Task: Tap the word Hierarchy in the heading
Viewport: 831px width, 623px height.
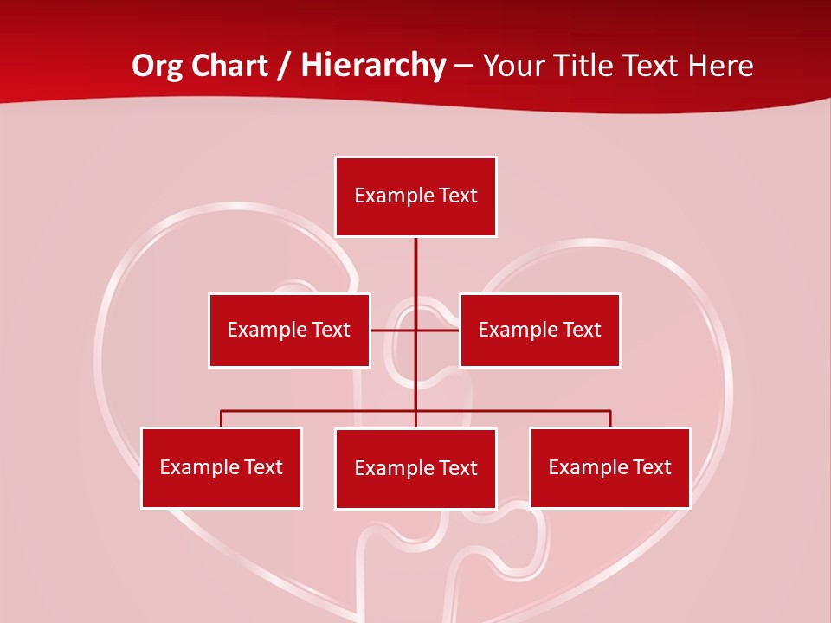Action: click(x=373, y=66)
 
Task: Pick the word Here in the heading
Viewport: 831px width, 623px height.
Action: click(x=720, y=66)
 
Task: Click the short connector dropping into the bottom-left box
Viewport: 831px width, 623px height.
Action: click(x=222, y=419)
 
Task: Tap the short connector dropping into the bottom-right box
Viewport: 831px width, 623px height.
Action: click(x=610, y=419)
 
